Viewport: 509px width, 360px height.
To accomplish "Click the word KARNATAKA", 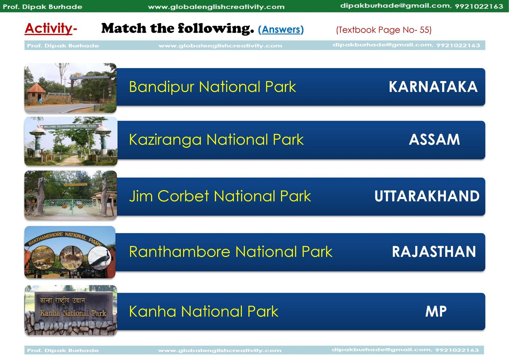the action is coord(433,87).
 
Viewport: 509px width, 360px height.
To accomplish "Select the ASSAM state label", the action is coord(435,140).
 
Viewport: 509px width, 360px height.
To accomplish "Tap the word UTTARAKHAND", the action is coord(427,196).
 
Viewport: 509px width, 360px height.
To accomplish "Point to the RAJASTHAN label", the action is coord(434,252).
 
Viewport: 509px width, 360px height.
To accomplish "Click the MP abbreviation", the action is coord(436,311).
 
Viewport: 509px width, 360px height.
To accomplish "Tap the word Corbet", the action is coord(183,196).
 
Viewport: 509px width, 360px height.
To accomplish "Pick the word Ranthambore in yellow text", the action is coord(180,252).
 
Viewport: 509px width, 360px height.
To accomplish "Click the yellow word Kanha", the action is coord(152,311).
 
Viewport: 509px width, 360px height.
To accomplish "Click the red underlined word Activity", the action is coord(48,29).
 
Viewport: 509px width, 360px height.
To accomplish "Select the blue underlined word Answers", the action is coord(281,30).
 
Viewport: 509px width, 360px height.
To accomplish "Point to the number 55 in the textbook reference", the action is coord(424,30).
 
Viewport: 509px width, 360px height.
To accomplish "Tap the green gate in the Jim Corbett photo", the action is coord(72,206).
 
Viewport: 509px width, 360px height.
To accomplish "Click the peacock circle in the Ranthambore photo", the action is coord(99,258).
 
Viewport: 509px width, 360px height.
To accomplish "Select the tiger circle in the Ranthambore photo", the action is coord(43,258).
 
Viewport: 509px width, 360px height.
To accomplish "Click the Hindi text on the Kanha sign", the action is coord(62,301).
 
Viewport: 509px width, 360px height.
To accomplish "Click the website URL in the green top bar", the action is coord(216,7).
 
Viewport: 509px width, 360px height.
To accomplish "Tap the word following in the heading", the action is coord(216,29).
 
